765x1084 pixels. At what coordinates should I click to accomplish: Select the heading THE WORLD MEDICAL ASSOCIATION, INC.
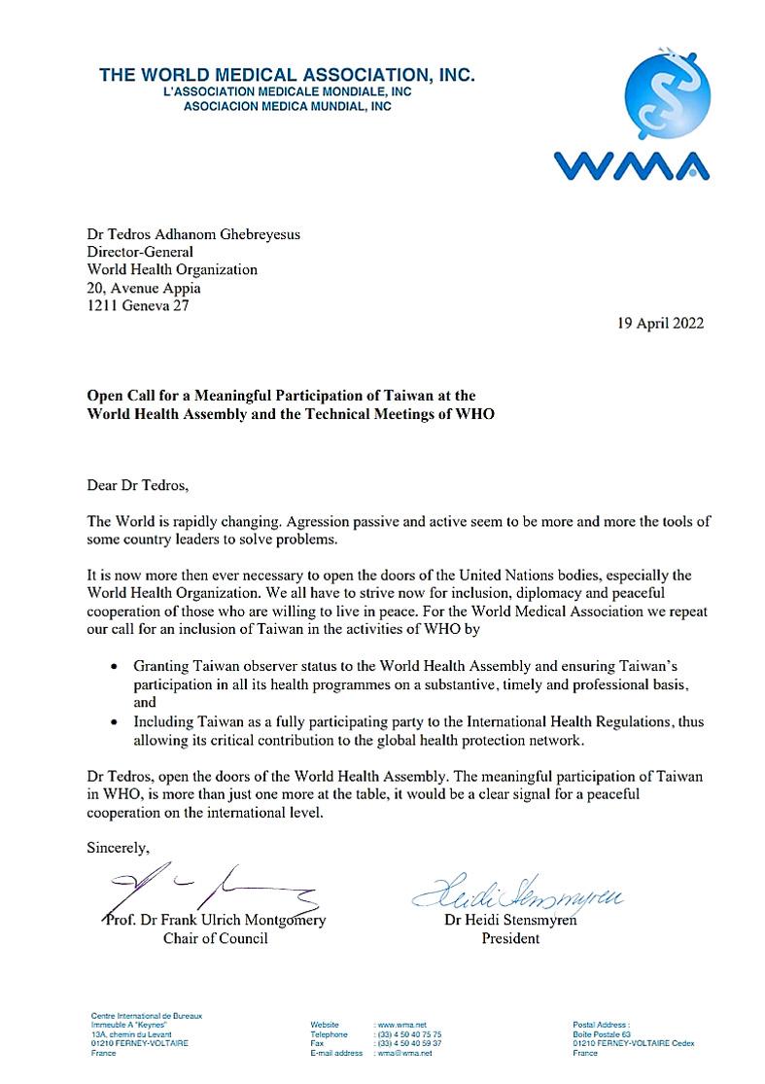pos(287,75)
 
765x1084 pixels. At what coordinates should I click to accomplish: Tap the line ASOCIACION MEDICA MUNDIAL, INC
pos(287,107)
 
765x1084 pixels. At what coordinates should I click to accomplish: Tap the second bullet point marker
pos(115,722)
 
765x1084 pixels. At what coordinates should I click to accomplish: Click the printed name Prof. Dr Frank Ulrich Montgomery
pos(215,921)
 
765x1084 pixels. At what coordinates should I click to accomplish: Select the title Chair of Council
pos(215,939)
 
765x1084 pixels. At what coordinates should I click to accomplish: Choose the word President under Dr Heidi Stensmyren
pos(510,939)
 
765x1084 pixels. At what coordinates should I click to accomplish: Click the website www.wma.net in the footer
pos(400,1025)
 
